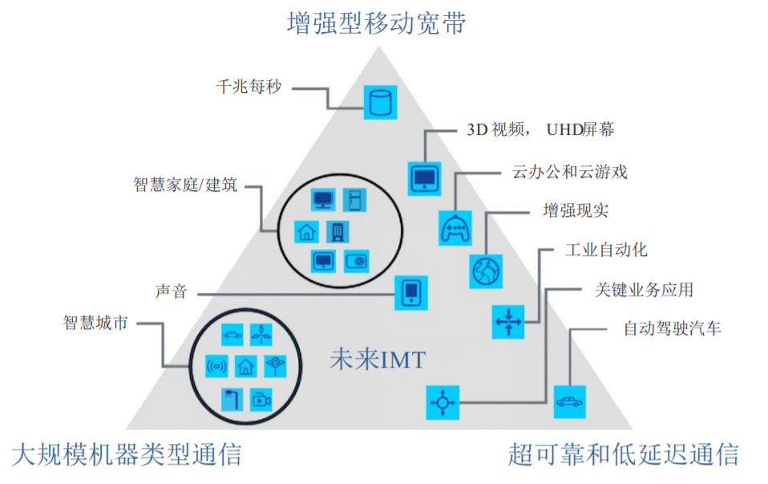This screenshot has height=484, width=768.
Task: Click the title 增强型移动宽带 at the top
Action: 376,22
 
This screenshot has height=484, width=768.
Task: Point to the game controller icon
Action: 455,228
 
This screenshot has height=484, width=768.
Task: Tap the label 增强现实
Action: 576,211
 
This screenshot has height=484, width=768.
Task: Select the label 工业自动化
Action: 606,250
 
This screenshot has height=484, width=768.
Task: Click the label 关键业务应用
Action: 643,289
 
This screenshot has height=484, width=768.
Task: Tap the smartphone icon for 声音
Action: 410,293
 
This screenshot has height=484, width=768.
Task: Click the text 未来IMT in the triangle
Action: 377,360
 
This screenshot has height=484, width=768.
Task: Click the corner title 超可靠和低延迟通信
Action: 623,454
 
